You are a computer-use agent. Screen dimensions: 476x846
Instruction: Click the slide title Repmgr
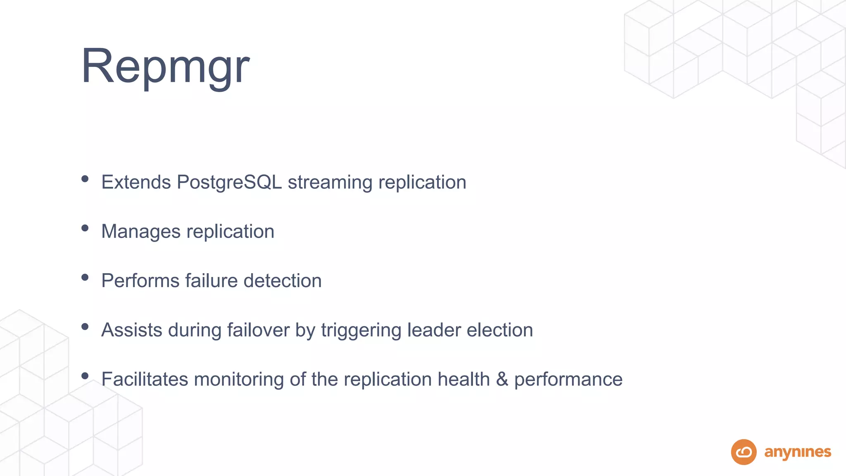[x=165, y=66]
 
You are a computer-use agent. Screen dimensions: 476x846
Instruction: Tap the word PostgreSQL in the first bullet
[x=229, y=182]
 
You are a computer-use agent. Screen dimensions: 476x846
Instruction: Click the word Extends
[x=136, y=182]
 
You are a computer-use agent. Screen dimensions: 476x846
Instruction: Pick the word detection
[x=283, y=281]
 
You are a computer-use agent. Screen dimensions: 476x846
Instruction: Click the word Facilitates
[x=145, y=379]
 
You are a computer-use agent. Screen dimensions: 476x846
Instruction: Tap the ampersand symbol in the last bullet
[x=502, y=379]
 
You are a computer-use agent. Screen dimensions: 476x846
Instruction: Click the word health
[x=463, y=379]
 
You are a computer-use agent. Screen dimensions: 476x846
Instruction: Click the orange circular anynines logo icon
[x=744, y=452]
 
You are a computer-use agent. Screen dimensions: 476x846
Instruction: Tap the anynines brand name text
[x=797, y=452]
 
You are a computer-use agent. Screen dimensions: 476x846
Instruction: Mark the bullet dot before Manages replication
[x=85, y=228]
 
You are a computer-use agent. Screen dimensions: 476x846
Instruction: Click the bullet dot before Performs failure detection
[x=85, y=277]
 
